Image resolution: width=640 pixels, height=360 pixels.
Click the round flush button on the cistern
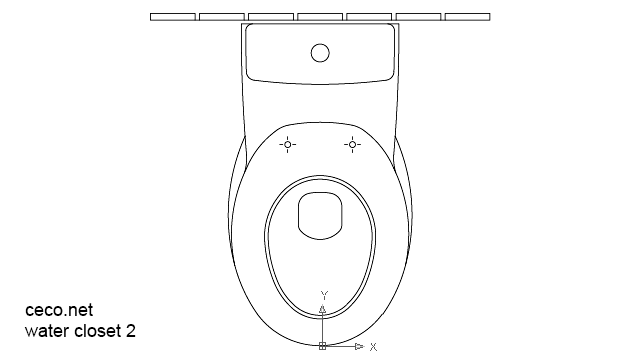tap(320, 52)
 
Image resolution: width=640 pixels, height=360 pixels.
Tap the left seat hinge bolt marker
tap(287, 145)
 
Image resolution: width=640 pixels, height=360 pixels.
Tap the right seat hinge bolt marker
tap(352, 145)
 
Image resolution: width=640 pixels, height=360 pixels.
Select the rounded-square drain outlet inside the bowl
tap(320, 215)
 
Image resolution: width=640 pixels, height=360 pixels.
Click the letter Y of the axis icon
tap(323, 296)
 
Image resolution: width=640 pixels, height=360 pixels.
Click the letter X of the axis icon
tap(373, 347)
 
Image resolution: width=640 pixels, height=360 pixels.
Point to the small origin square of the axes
tap(322, 346)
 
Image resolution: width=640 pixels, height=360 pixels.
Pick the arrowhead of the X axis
tap(359, 346)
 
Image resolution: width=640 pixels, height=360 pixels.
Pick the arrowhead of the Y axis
tap(322, 309)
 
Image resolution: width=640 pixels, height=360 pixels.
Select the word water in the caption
tap(45, 330)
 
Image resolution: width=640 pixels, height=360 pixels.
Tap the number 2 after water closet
tap(131, 330)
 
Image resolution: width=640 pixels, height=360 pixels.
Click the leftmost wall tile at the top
tap(173, 17)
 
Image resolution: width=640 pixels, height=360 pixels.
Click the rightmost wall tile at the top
tap(467, 17)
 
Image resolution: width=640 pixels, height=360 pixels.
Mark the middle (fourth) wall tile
tap(320, 17)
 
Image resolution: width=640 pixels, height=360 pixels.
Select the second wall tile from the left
tap(222, 17)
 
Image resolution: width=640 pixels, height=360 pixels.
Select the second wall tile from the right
tap(418, 17)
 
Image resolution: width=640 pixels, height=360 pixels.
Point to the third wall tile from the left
tap(271, 17)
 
